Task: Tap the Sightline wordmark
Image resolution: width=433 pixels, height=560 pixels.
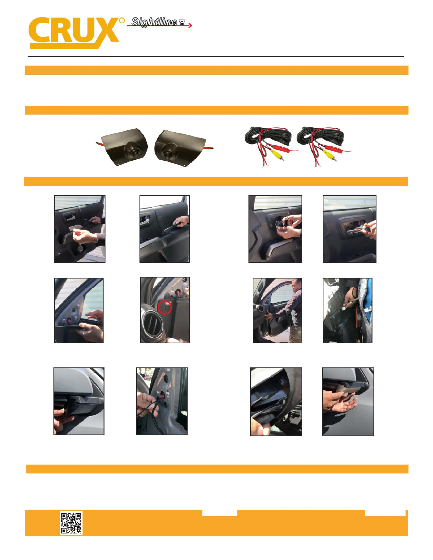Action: click(154, 22)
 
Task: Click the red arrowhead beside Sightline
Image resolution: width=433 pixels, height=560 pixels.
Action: click(190, 25)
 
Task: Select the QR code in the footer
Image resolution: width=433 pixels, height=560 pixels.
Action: click(71, 523)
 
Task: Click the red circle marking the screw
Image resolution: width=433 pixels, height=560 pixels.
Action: click(165, 307)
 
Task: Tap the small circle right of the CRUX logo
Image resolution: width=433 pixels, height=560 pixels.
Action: click(122, 20)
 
